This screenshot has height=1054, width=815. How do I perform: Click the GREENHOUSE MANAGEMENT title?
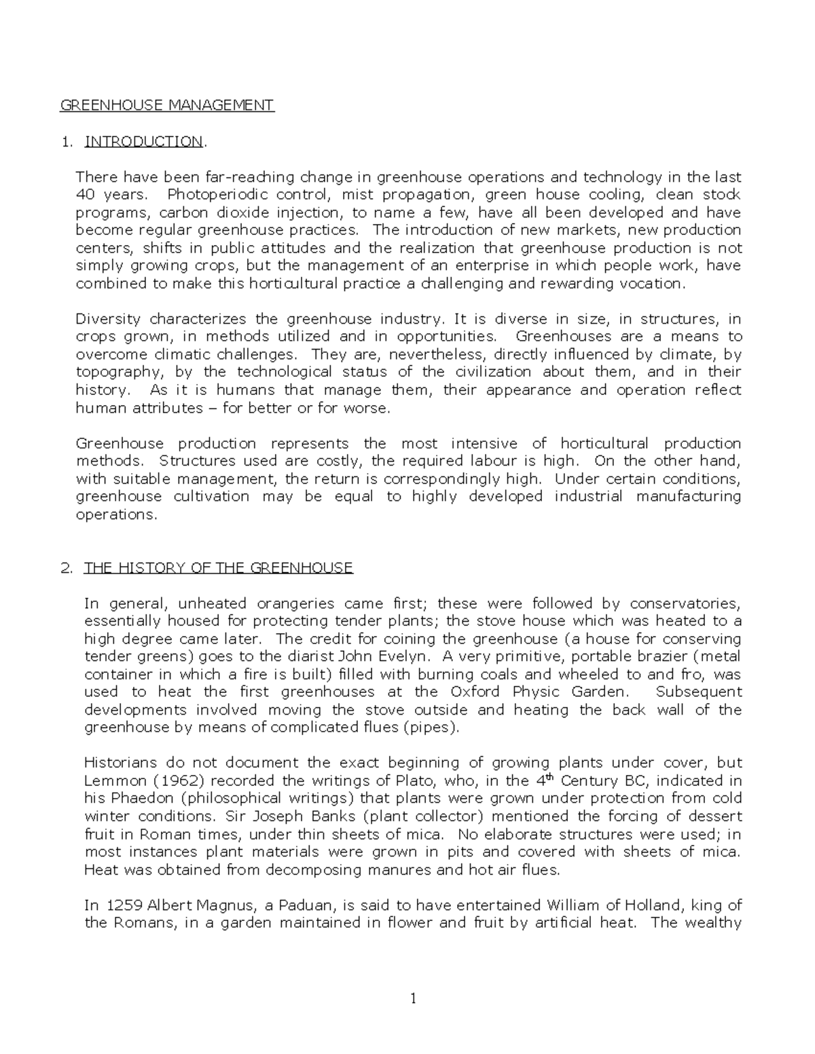click(167, 105)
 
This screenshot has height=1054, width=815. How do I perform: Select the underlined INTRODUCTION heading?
click(143, 141)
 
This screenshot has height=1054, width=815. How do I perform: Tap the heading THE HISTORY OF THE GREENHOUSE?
click(218, 567)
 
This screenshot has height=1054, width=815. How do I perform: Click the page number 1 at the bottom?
click(414, 998)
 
